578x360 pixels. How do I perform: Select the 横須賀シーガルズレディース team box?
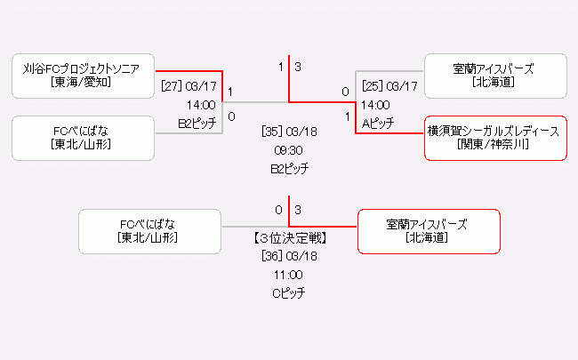tap(494, 138)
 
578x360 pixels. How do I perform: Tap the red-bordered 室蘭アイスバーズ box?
tap(428, 231)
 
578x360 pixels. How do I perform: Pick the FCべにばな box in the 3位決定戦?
tap(149, 231)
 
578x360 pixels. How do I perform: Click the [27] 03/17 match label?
tap(189, 86)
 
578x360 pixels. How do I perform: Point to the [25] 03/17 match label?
tap(389, 86)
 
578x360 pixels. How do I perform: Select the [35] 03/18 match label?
tap(289, 132)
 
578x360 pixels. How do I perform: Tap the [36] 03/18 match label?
tap(289, 256)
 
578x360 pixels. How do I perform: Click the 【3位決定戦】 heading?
tap(289, 238)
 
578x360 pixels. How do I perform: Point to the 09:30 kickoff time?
tap(289, 149)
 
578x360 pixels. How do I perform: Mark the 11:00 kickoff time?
tap(289, 275)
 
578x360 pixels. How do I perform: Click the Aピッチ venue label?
tap(377, 123)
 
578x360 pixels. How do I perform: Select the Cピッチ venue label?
tap(289, 292)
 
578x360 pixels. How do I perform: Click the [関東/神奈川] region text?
tap(494, 144)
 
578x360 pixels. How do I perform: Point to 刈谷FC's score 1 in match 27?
tap(231, 92)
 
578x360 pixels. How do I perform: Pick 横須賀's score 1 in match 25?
tap(347, 116)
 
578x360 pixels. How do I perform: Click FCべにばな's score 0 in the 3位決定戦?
tap(278, 211)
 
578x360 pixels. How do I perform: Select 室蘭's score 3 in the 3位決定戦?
tap(298, 211)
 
